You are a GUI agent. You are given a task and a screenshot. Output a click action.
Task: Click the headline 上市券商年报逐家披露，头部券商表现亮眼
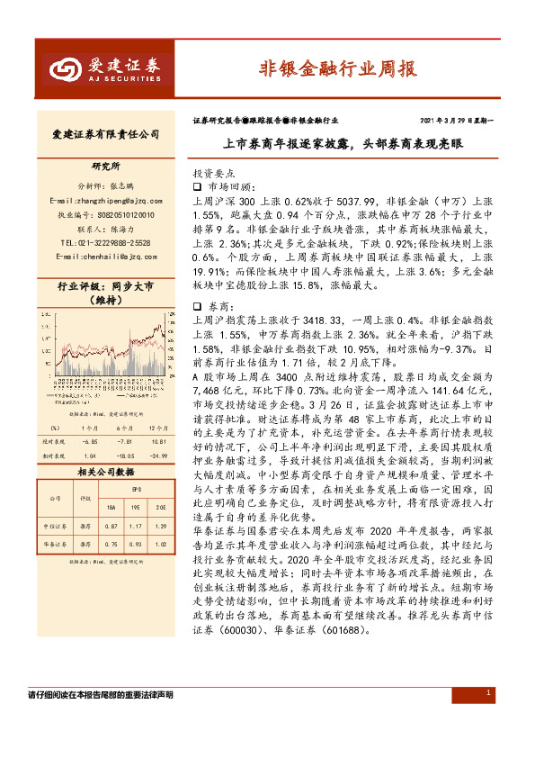tap(344, 143)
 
